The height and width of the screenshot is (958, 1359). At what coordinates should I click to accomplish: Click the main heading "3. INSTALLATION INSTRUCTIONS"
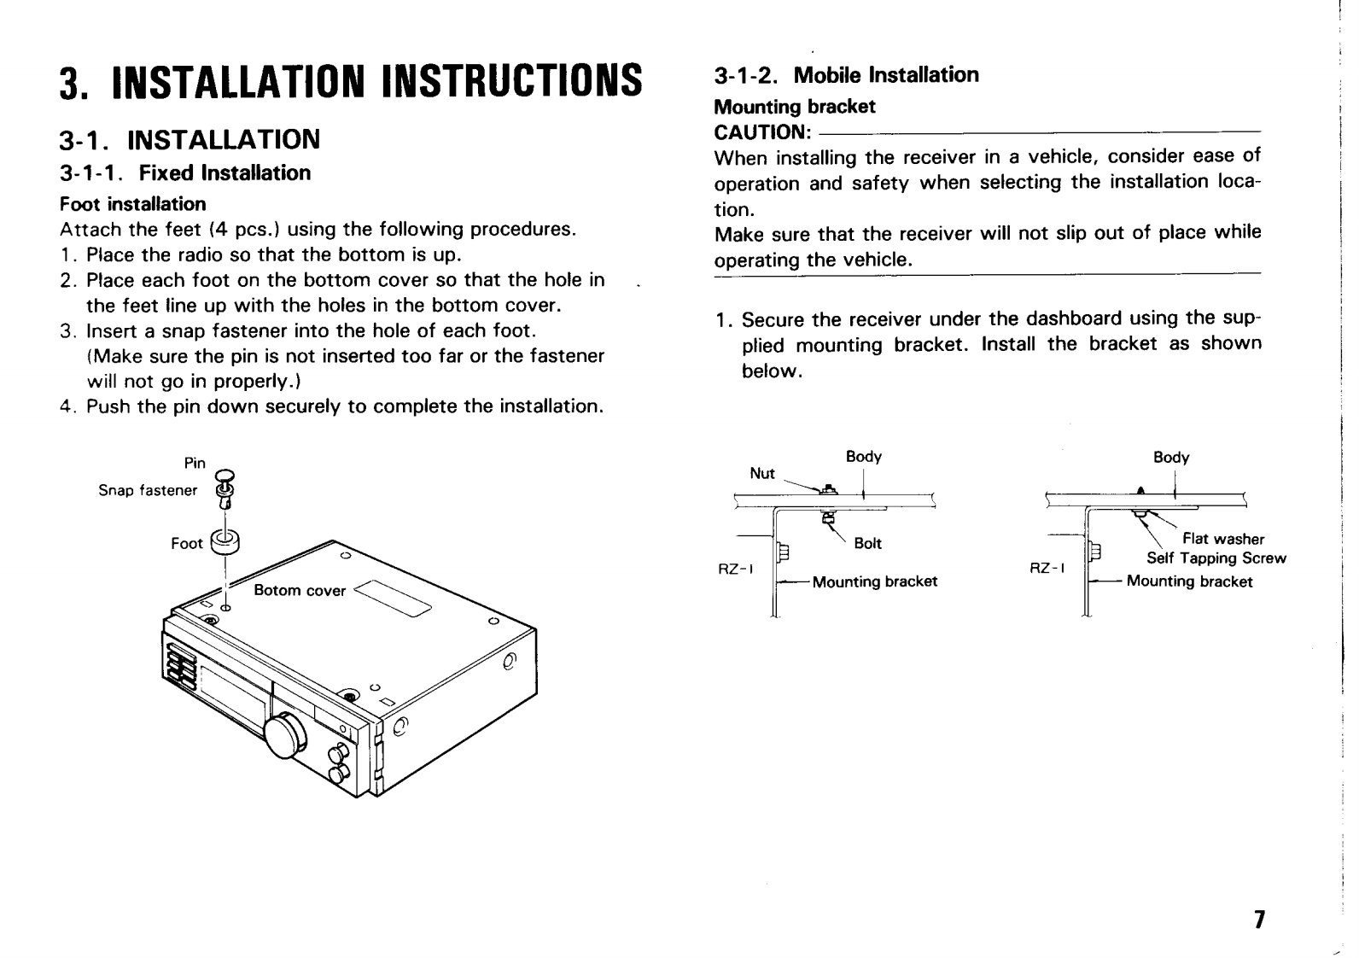[350, 81]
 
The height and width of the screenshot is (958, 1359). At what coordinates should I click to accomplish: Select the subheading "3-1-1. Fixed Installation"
[185, 173]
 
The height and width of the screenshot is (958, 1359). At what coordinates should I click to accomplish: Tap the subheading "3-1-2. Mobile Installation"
[846, 75]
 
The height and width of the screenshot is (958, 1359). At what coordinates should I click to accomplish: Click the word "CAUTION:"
[761, 132]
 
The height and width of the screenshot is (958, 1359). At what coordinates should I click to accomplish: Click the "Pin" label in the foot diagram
[195, 464]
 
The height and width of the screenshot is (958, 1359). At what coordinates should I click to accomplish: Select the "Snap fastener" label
[148, 490]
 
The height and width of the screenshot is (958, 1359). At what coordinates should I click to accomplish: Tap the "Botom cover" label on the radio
[300, 591]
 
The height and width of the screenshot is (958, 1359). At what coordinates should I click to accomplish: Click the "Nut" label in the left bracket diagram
[761, 474]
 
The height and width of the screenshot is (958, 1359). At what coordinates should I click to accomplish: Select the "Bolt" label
[867, 544]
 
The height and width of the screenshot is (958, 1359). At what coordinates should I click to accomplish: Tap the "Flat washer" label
[1222, 539]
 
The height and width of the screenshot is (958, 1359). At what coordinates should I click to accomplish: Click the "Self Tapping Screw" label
[1216, 558]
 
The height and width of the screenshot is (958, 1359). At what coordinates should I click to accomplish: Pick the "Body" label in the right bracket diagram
[1170, 458]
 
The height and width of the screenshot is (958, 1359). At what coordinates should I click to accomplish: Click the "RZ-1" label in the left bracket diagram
[735, 567]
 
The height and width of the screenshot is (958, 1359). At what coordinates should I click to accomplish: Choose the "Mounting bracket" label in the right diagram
[1189, 582]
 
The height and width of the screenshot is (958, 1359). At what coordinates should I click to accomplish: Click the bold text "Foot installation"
[133, 205]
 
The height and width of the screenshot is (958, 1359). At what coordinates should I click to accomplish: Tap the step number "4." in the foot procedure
[67, 406]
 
